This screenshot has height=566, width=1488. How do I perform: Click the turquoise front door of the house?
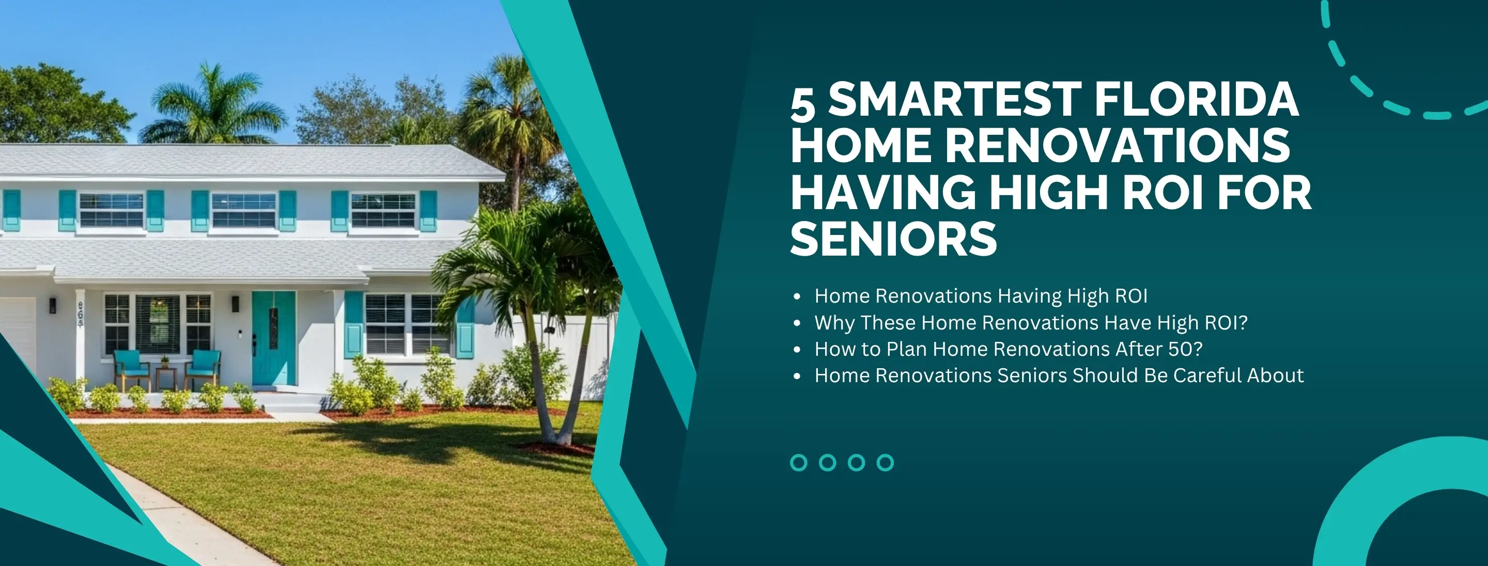click(274, 338)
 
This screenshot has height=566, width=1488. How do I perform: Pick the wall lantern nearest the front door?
click(235, 304)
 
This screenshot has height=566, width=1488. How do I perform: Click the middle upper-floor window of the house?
click(244, 210)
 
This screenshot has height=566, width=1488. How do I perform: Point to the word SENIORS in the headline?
click(894, 238)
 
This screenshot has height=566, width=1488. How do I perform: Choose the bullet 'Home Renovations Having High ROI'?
click(981, 296)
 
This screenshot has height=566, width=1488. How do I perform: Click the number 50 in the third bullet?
click(1179, 349)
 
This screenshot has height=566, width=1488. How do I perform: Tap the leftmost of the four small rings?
click(798, 463)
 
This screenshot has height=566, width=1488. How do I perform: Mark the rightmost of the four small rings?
click(885, 463)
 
